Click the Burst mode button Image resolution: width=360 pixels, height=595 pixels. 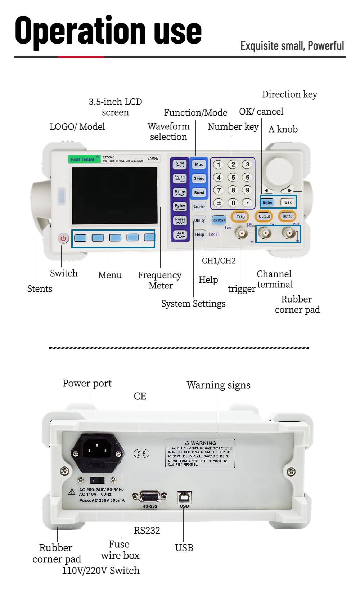199,193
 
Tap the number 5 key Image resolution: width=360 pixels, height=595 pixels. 233,178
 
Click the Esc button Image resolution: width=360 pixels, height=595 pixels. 288,202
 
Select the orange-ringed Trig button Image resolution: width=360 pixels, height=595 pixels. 240,216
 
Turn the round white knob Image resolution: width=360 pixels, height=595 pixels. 278,169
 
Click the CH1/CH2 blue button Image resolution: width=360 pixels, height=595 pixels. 219,220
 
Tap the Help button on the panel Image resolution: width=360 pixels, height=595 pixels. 200,234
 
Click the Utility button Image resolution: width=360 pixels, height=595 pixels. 199,220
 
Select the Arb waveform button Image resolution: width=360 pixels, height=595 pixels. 180,235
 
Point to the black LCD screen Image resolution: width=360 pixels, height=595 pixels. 115,196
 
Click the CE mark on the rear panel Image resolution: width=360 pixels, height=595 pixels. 141,453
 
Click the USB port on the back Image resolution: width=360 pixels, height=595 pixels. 184,497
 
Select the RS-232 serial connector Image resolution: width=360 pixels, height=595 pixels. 150,497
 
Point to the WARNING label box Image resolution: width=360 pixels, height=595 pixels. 200,453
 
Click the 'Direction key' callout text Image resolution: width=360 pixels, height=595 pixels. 289,94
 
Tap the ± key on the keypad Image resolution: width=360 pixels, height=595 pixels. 219,203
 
